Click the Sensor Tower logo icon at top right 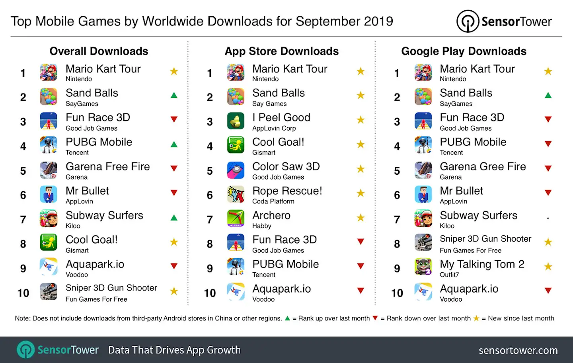(468, 21)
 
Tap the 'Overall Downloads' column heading (99, 51)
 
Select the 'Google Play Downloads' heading (464, 51)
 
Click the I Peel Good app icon (236, 121)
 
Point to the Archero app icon (236, 219)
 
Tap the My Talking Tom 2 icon (423, 267)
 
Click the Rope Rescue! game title (287, 191)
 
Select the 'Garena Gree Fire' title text (483, 167)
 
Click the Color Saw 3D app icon (236, 170)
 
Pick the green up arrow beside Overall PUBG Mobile (174, 144)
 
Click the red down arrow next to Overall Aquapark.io (174, 266)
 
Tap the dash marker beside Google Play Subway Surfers (548, 218)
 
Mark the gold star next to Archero (361, 218)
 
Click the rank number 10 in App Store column (210, 293)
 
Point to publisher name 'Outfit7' (449, 275)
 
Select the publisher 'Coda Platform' (273, 201)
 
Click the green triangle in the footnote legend (287, 318)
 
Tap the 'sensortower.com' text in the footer (518, 350)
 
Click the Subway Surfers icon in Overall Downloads (49, 219)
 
